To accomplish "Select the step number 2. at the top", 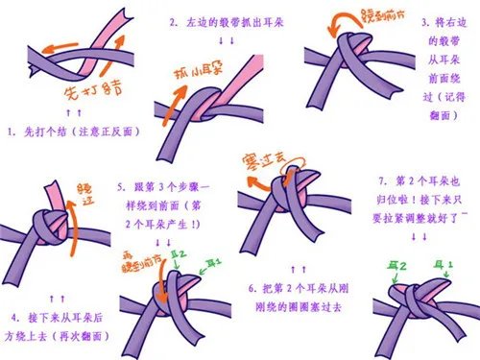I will [x=173, y=21].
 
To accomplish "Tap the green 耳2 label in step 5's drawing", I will [x=178, y=253].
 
